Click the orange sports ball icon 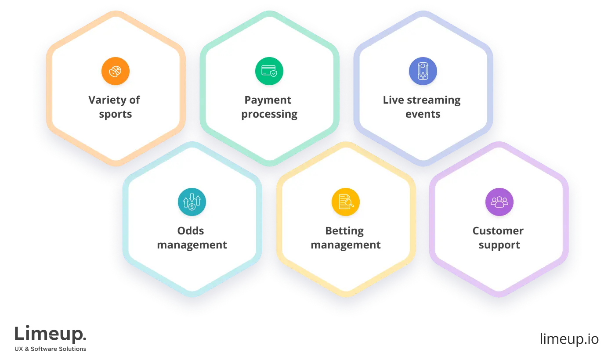[116, 71]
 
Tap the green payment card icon [269, 71]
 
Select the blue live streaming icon [423, 71]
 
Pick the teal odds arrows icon [192, 202]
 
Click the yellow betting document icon [346, 202]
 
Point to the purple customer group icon [499, 202]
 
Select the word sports [116, 114]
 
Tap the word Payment [268, 100]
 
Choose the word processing [269, 115]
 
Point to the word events [423, 114]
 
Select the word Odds [191, 231]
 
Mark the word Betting [344, 231]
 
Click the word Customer [498, 231]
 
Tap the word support [499, 245]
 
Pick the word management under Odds [192, 245]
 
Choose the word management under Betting [346, 245]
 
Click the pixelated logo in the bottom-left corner [51, 337]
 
